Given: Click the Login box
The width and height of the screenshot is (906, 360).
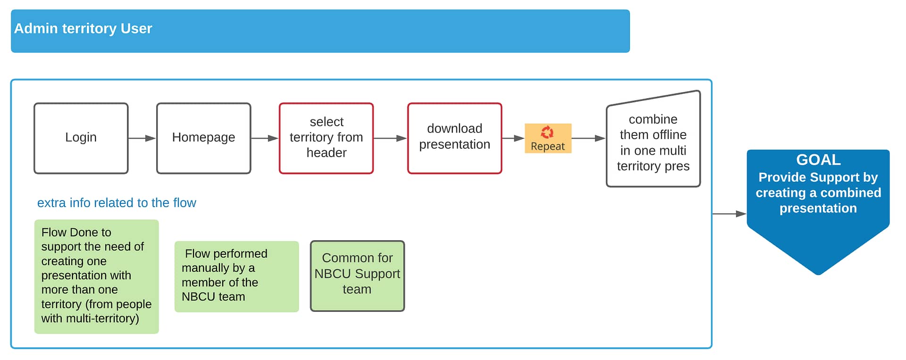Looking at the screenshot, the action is pyautogui.click(x=81, y=138).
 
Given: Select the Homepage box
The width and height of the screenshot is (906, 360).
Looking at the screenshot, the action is pyautogui.click(x=204, y=138).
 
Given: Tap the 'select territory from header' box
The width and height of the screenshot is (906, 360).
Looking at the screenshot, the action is pyautogui.click(x=326, y=138).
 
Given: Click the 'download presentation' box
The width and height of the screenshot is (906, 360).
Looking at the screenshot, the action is pyautogui.click(x=455, y=138).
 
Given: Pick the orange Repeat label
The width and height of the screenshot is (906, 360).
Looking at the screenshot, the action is pyautogui.click(x=548, y=138).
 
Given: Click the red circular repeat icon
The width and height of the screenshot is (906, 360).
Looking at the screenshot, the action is pyautogui.click(x=547, y=132).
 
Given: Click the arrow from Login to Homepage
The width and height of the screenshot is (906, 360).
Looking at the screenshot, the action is pyautogui.click(x=142, y=138).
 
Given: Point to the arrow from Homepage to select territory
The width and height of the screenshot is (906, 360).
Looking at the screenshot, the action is pyautogui.click(x=265, y=138).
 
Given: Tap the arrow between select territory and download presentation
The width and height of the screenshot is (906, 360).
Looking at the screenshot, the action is pyautogui.click(x=390, y=138).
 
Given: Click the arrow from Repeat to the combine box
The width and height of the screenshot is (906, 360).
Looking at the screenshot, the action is pyautogui.click(x=588, y=138).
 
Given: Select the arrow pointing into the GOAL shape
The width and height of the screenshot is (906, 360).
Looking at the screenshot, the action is pyautogui.click(x=730, y=214).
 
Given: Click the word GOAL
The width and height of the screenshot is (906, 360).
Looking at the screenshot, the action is pyautogui.click(x=818, y=160).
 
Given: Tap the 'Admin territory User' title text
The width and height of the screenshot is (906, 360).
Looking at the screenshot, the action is pyautogui.click(x=83, y=29).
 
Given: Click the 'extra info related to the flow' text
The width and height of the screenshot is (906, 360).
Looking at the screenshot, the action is pyautogui.click(x=117, y=203).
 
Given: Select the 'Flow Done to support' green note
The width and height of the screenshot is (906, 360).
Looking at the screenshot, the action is pyautogui.click(x=96, y=276).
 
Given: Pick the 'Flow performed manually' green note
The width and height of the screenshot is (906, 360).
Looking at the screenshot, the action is pyautogui.click(x=236, y=276).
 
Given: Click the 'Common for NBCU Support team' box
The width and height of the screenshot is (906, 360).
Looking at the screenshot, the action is pyautogui.click(x=357, y=276).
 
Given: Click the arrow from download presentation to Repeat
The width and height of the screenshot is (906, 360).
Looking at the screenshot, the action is pyautogui.click(x=513, y=138).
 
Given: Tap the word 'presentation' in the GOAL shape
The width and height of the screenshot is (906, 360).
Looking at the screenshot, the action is pyautogui.click(x=818, y=208).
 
